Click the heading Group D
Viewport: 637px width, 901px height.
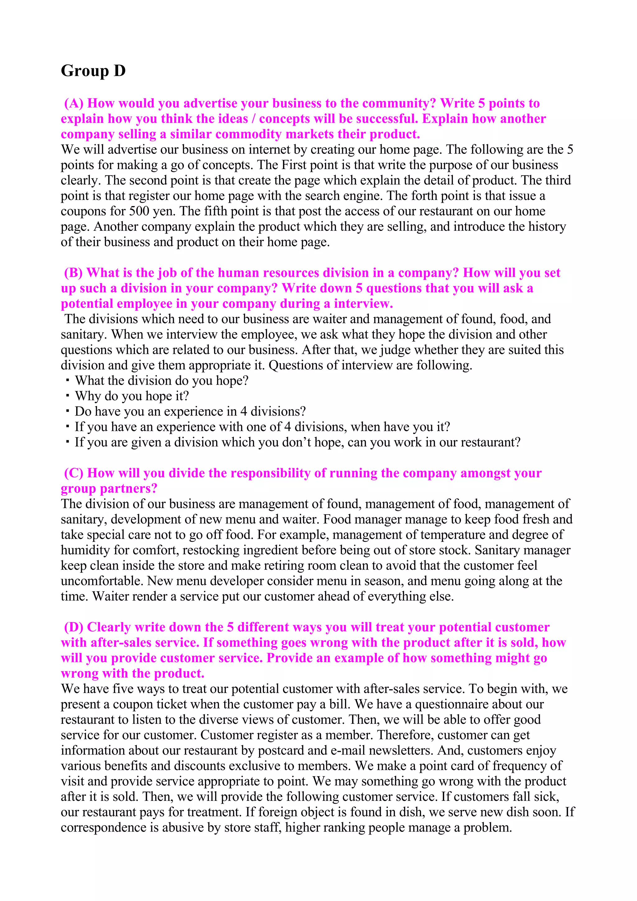(93, 71)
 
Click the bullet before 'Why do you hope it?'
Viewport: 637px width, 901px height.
(67, 395)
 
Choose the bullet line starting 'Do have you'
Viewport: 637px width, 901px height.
(190, 411)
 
